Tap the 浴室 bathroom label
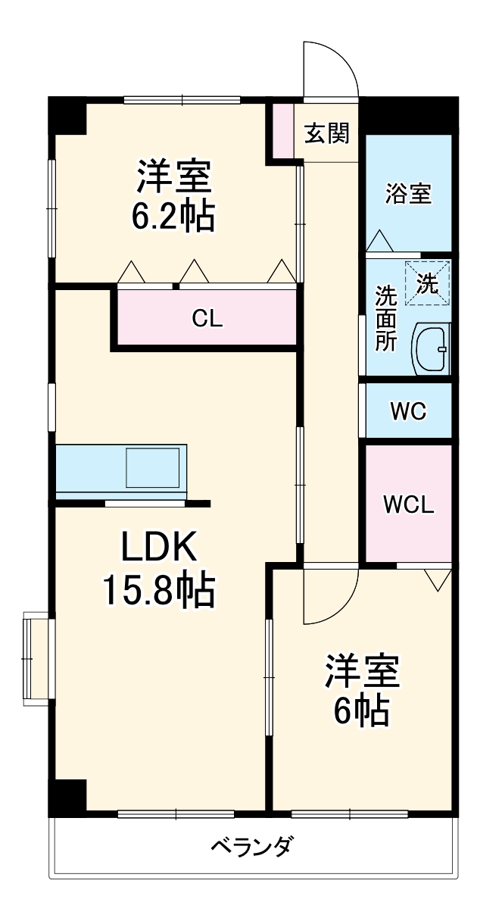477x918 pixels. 408,194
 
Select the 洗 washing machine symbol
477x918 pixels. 427,283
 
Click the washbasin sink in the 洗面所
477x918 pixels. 432,348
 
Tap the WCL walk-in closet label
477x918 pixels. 408,504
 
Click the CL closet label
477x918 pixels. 206,319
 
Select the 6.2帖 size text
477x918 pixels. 174,217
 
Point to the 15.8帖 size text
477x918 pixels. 159,591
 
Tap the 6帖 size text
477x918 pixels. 362,710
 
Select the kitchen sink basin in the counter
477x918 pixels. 153,467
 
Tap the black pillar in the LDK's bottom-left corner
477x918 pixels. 67,795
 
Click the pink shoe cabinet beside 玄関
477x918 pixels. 282,130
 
